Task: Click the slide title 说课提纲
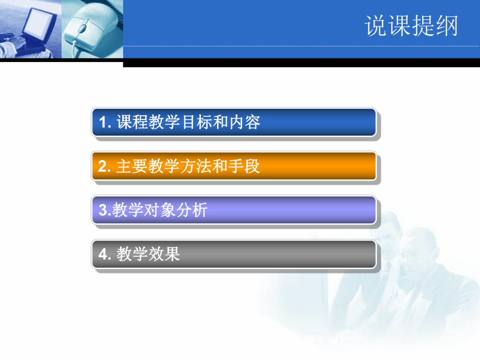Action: (x=411, y=26)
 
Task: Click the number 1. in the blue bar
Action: (x=105, y=123)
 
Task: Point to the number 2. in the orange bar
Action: (x=105, y=167)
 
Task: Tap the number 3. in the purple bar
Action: (x=103, y=211)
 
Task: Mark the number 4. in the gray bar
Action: (x=105, y=255)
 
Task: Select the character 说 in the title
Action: (x=376, y=26)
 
